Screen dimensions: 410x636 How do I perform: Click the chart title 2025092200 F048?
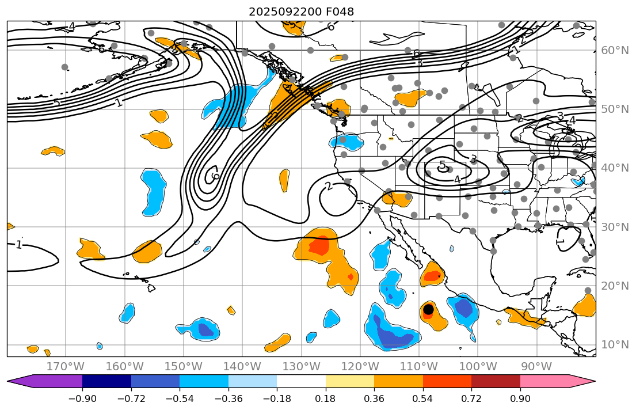point(301,12)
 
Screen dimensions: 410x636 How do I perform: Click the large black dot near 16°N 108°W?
point(428,309)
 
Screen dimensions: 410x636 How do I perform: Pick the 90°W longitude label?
point(536,366)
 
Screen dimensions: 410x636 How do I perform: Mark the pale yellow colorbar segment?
point(350,381)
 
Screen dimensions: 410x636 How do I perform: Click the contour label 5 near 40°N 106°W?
point(442,166)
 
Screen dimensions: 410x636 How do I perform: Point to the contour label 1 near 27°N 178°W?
point(19,245)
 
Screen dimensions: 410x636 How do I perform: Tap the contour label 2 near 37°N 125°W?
point(329,186)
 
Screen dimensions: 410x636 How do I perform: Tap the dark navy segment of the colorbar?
point(106,381)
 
